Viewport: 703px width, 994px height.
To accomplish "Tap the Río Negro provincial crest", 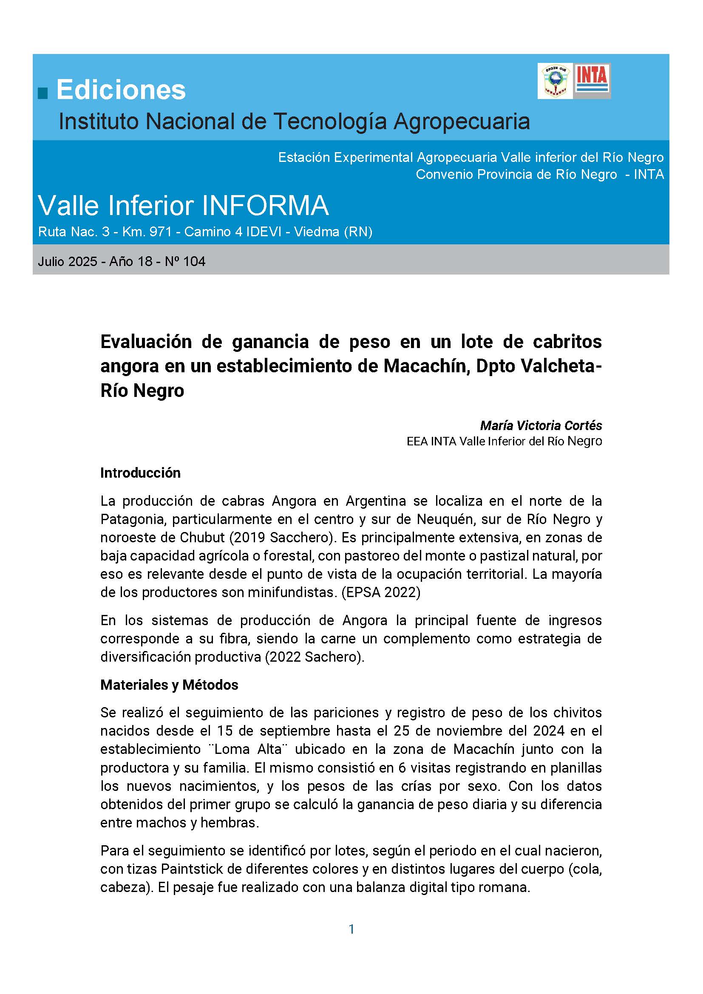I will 555,81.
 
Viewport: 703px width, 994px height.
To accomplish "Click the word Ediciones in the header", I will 121,90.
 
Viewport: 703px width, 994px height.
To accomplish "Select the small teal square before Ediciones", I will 43,93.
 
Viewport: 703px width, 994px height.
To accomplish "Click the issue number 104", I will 194,261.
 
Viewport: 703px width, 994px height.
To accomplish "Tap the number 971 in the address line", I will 161,232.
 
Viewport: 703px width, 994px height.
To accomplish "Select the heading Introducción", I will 140,473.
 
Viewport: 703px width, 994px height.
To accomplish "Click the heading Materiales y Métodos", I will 169,685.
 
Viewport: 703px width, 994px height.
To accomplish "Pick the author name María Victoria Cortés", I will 541,425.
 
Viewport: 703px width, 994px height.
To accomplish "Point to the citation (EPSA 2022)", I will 380,592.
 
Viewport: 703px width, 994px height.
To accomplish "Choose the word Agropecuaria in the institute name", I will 462,122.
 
